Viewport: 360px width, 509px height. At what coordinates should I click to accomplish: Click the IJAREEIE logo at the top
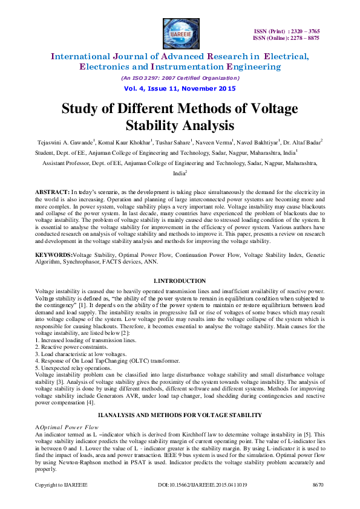point(180,33)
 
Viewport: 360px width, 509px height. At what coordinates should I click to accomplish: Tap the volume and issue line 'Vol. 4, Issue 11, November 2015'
point(180,88)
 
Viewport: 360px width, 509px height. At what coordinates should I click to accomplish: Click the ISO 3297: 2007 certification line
point(180,78)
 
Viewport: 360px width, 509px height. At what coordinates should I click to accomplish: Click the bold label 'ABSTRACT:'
point(53,190)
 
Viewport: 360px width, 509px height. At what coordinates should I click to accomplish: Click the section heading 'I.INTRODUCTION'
point(180,282)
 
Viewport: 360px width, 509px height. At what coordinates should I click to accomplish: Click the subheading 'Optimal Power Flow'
point(69,427)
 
